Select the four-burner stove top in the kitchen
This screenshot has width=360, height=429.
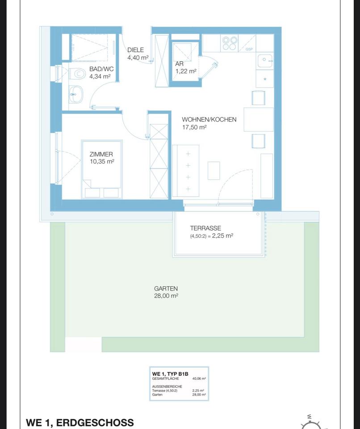click(x=230, y=43)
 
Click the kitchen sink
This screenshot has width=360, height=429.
click(x=265, y=59)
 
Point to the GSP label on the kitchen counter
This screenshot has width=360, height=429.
click(x=249, y=50)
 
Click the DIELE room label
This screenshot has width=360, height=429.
click(x=136, y=50)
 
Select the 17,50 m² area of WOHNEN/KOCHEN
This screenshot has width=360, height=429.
click(x=194, y=127)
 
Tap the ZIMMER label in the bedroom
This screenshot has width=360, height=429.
click(x=101, y=154)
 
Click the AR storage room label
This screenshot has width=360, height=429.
click(x=180, y=64)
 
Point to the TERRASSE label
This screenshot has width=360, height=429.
click(x=205, y=228)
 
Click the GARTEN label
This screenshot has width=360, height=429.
click(x=166, y=289)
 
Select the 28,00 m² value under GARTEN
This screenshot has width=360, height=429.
click(x=166, y=296)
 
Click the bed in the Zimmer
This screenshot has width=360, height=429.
click(x=101, y=170)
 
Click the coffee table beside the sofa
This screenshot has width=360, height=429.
click(x=214, y=170)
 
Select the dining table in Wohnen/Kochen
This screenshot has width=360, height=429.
click(x=259, y=119)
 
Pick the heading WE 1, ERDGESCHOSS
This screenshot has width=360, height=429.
click(x=80, y=422)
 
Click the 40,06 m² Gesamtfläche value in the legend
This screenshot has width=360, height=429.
click(x=199, y=379)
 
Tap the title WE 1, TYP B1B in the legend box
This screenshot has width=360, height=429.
click(x=170, y=373)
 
